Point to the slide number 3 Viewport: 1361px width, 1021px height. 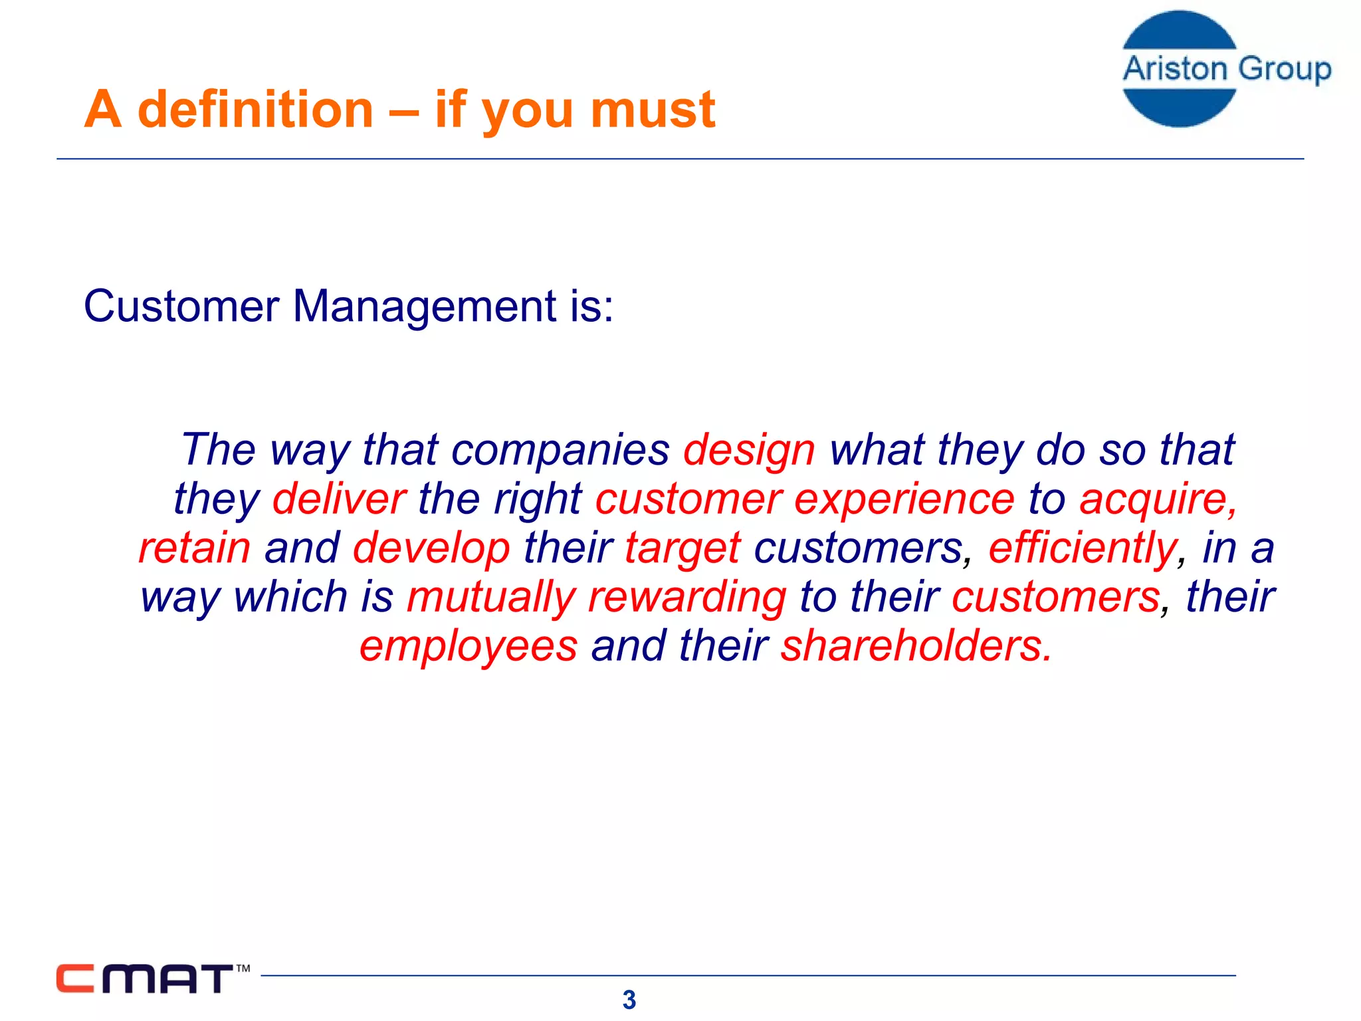[629, 1000]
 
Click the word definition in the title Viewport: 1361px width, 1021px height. [255, 110]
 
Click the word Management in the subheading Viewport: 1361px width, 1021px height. [424, 306]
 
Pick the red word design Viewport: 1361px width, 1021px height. [749, 450]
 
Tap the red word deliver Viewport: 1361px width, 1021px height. [339, 499]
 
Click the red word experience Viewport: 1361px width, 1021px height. [904, 499]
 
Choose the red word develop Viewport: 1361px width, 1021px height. [431, 548]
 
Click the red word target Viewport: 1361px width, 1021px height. [682, 548]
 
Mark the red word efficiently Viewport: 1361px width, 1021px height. [1083, 548]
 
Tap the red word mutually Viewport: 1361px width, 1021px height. [491, 597]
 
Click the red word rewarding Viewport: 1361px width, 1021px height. [687, 597]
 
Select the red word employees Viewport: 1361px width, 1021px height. [469, 646]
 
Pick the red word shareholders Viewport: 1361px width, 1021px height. [916, 645]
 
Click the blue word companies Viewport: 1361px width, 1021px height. [560, 450]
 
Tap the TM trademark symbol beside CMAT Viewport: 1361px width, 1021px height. [243, 968]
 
